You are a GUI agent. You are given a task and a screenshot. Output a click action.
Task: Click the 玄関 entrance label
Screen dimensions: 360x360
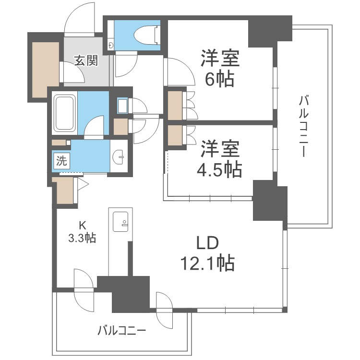86,61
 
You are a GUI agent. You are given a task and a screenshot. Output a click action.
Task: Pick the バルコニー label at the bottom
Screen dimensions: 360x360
121,331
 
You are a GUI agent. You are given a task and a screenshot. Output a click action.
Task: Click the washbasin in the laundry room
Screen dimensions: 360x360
120,156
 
